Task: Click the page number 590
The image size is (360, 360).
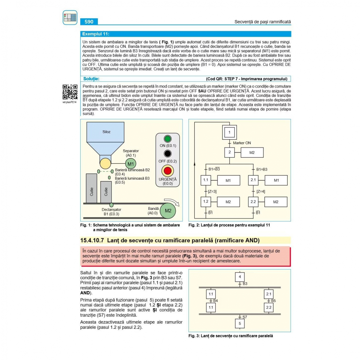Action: point(89,22)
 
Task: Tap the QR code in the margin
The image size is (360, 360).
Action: point(70,92)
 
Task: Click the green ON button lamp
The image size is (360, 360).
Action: point(167,139)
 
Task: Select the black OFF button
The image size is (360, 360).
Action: point(167,154)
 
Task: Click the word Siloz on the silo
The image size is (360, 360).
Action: point(107,132)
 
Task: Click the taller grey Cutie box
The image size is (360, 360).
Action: point(91,188)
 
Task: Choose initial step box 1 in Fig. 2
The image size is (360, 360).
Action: point(229,132)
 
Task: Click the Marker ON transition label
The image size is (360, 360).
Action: point(242,143)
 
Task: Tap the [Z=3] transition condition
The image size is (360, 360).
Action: point(212,191)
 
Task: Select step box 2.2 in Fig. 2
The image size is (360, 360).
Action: point(253,202)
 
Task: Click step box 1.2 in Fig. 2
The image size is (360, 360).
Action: point(206,202)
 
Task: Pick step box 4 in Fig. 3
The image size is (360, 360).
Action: point(240,277)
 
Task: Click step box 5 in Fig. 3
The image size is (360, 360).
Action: point(240,323)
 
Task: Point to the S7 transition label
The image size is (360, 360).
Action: point(244,317)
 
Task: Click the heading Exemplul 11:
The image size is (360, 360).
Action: point(96,34)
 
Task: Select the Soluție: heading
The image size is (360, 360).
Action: point(91,78)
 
